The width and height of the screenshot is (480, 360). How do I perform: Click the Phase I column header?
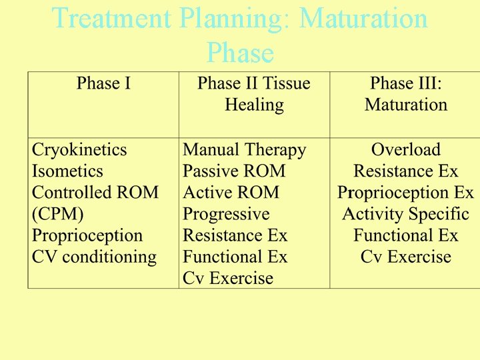point(103,83)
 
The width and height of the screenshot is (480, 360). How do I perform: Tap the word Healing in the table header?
point(254,105)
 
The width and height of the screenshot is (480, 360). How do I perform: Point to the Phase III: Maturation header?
point(405,94)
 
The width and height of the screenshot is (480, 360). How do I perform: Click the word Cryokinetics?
point(79,150)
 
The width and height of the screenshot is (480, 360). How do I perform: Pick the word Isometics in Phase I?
point(67,171)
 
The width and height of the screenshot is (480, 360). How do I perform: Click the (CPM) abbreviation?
point(57,214)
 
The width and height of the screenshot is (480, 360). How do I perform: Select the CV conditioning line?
point(94,257)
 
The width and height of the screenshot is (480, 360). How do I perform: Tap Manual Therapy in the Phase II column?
point(244,150)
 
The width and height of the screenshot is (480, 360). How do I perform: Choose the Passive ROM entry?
point(234,171)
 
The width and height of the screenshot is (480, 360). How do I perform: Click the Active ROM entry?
point(231,193)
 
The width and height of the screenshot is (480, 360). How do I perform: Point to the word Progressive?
point(226,214)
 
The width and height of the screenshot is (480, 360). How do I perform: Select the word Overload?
point(405,150)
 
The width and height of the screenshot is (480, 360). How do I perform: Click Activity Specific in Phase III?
point(405,214)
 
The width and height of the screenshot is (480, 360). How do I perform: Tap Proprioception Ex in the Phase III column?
point(405,193)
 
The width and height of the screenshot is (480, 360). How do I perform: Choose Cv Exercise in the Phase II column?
point(228,278)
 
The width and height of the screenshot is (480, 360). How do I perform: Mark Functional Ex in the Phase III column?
point(405,235)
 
